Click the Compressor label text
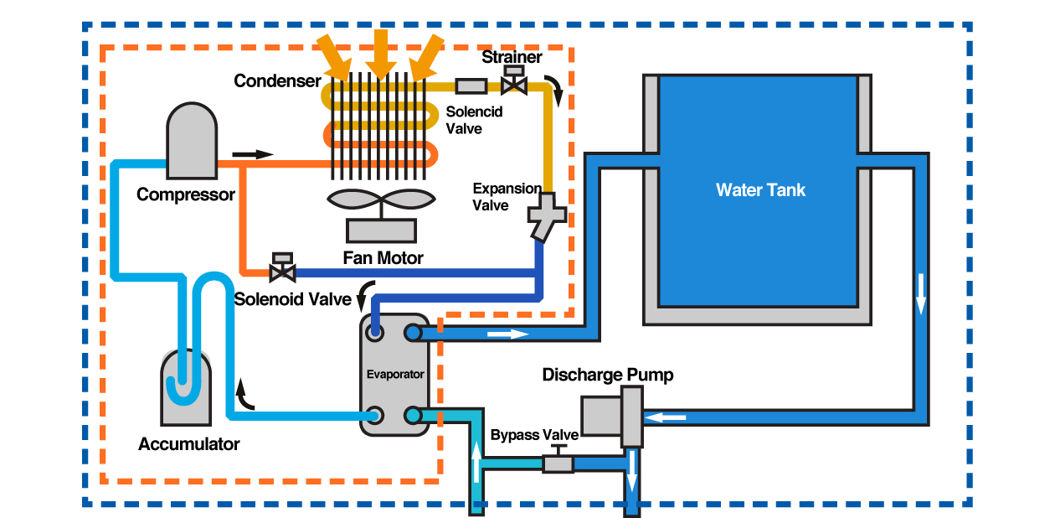[x=185, y=194]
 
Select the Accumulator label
[x=189, y=444]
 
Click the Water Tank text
[x=760, y=190]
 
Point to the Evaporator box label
[x=395, y=375]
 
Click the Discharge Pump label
[x=608, y=375]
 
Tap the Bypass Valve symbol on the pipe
[x=558, y=461]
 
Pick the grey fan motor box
[x=382, y=230]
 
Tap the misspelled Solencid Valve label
[x=464, y=120]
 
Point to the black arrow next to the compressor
[x=253, y=154]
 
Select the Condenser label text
[x=277, y=81]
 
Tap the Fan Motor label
[x=383, y=258]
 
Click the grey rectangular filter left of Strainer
[x=472, y=85]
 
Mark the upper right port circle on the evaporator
[x=413, y=333]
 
